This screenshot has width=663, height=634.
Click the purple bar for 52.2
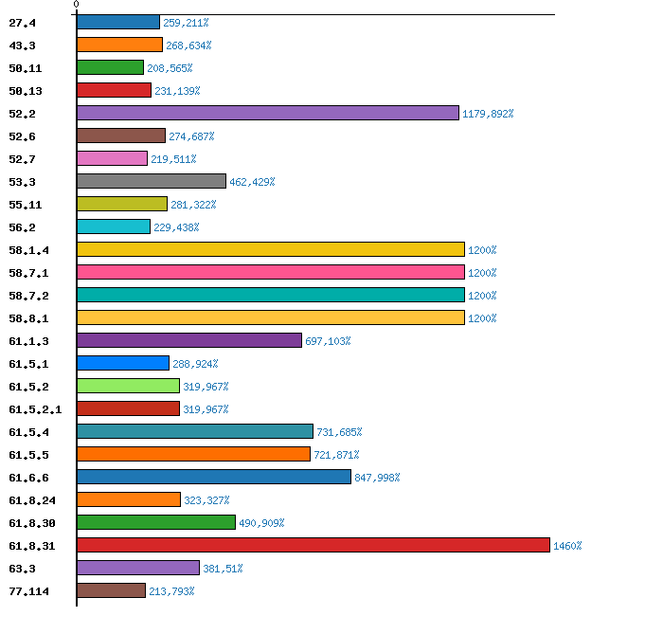[268, 113]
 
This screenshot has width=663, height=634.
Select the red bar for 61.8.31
[314, 545]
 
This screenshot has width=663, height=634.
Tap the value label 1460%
[567, 546]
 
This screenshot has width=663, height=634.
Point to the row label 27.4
[22, 23]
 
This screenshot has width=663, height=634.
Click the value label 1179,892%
[488, 114]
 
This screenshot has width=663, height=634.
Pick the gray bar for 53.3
[152, 181]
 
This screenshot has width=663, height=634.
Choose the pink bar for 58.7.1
[271, 272]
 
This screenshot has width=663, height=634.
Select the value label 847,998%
[377, 478]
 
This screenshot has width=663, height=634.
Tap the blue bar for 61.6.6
[214, 477]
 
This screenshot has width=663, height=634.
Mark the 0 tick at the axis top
[77, 6]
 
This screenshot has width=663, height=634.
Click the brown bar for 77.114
[112, 590]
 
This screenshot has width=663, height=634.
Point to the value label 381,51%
[223, 569]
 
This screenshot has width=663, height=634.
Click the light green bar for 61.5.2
[129, 386]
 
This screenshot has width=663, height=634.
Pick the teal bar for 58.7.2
[271, 295]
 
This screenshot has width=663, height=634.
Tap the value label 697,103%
[328, 341]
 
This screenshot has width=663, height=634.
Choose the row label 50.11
[25, 68]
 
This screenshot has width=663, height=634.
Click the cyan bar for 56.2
[114, 226]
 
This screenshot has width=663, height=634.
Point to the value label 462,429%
[252, 182]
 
